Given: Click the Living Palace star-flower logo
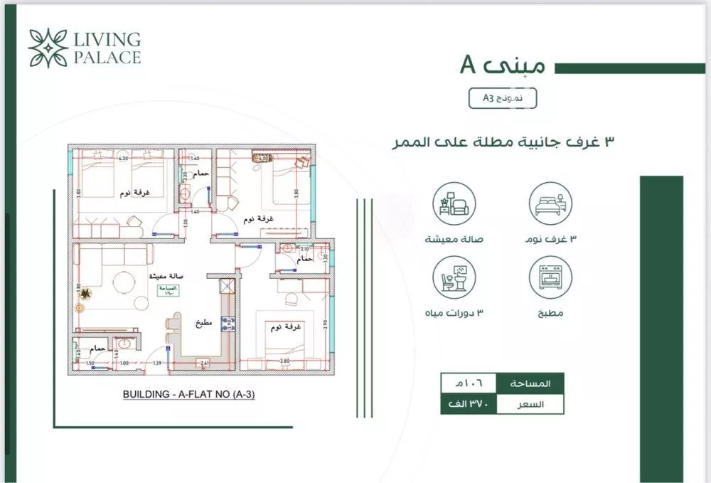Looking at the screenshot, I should (x=48, y=48).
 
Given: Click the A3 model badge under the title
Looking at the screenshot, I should (x=503, y=99).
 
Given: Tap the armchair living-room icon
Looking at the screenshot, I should (x=454, y=203).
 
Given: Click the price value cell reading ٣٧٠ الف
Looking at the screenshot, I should (x=467, y=404).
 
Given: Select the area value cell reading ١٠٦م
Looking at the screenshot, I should (x=467, y=383).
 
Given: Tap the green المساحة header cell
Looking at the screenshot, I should (x=530, y=383).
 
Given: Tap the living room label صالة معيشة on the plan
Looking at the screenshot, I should (x=163, y=276).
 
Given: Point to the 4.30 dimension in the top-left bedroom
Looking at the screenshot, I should (x=122, y=158).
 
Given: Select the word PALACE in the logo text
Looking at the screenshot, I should (x=107, y=58).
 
